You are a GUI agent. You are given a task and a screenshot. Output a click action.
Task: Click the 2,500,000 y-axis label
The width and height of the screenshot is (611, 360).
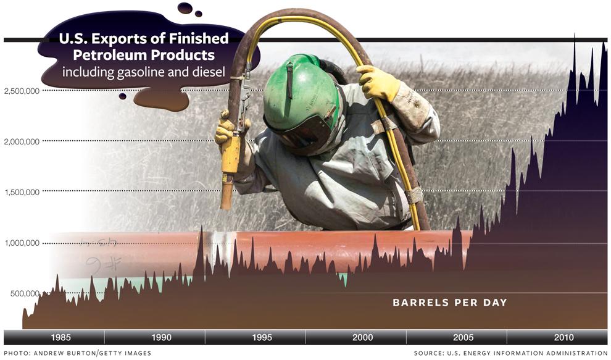(22, 91)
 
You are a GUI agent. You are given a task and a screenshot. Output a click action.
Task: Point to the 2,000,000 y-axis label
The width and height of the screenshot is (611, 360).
(22, 141)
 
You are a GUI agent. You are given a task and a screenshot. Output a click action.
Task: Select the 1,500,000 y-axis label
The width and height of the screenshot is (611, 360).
(22, 192)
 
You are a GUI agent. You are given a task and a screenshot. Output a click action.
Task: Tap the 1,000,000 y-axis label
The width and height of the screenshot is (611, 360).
(22, 243)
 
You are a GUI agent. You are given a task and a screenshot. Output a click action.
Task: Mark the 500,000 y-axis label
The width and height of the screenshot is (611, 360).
(25, 293)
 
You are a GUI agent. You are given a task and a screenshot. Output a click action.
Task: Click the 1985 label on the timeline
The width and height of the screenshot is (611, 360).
(60, 337)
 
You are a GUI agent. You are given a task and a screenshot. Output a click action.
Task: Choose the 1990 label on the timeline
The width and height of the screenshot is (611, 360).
(161, 337)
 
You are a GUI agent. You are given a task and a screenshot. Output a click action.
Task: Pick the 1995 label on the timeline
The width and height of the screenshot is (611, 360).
(262, 337)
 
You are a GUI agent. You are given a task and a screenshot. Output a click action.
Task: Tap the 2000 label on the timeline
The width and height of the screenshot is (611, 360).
(362, 337)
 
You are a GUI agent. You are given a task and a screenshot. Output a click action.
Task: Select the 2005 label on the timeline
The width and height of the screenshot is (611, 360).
(463, 337)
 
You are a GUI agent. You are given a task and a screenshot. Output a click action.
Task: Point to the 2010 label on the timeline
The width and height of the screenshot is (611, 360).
(564, 337)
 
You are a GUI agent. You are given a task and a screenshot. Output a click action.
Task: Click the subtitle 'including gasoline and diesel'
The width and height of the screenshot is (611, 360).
(144, 72)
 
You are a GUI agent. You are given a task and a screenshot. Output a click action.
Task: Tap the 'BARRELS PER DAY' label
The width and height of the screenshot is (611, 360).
(450, 303)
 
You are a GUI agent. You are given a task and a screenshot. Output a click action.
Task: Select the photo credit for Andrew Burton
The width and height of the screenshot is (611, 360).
(78, 353)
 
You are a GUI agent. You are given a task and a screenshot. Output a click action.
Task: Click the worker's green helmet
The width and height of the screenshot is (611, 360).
(300, 94)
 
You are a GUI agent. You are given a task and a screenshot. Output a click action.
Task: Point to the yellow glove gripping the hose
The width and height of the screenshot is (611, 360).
(377, 83)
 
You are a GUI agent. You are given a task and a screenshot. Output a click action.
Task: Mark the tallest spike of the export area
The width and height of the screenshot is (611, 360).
(575, 35)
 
